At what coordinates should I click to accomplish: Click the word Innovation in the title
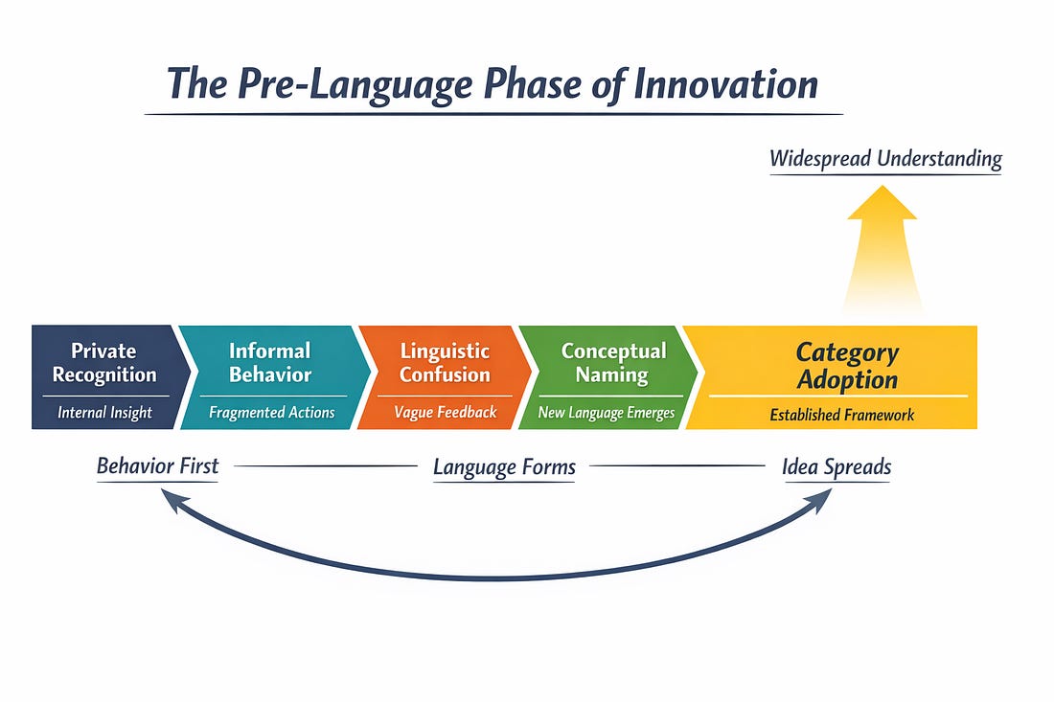pos(725,83)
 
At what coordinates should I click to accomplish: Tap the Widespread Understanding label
pos(885,158)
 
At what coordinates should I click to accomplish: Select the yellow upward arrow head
pos(882,204)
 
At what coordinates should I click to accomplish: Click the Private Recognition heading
pos(104,362)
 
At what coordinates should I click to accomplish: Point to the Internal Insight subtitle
pos(104,413)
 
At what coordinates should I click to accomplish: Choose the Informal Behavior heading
pos(270,362)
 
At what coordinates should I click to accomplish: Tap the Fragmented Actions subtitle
pos(271,413)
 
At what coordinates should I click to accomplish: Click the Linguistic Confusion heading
pos(445,362)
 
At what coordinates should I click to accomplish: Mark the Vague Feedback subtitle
pos(446,413)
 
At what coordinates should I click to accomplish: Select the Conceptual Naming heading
pos(613,362)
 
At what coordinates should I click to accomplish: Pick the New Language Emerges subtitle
pos(607,413)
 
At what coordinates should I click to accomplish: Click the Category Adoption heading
pos(847,365)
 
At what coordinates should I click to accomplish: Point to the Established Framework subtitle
pos(842,415)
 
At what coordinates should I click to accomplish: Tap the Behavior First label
pos(157,466)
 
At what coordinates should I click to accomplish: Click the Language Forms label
pos(504,467)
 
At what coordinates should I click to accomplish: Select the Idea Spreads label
pos(836,467)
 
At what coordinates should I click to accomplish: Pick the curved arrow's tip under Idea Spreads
pos(824,498)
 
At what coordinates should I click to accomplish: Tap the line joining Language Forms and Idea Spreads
pos(676,466)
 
